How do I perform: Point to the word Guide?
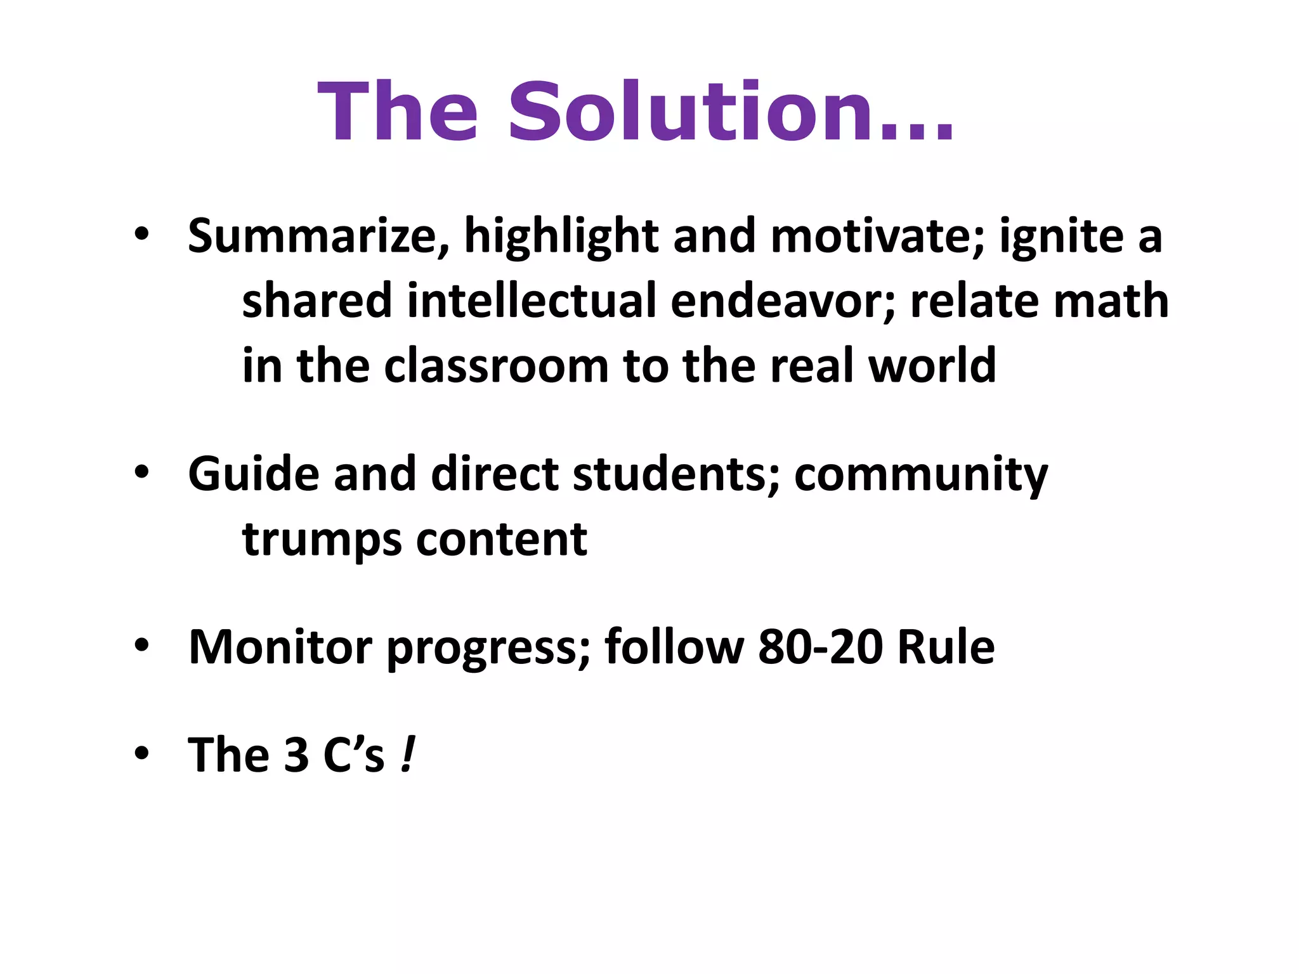tap(254, 474)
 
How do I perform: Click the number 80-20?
tap(820, 647)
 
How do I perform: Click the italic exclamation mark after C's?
tap(408, 755)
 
